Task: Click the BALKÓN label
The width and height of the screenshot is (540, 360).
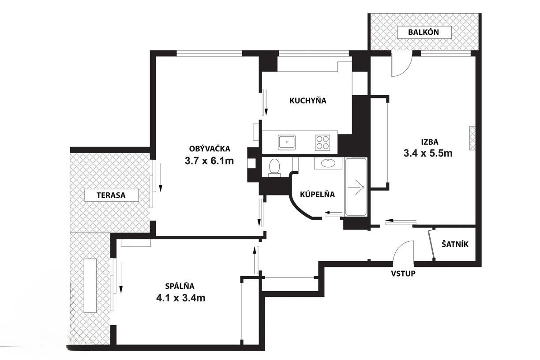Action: tap(424, 32)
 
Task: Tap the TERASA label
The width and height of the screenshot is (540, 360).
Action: tap(111, 195)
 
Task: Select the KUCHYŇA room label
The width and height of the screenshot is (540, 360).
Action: tap(307, 101)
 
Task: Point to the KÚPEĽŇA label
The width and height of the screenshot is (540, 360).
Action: tap(317, 195)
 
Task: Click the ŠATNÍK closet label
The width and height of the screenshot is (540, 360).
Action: tap(455, 244)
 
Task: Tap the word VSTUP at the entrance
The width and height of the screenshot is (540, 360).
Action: tap(403, 274)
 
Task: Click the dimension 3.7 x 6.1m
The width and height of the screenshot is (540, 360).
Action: tap(209, 161)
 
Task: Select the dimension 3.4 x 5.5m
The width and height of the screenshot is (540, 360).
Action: tap(428, 153)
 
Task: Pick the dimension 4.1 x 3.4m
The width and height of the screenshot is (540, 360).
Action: tap(181, 298)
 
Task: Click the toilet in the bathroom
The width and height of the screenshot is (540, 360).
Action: tap(274, 168)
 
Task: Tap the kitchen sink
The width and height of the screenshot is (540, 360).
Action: tap(287, 142)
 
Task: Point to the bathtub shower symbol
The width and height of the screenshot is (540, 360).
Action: tap(359, 187)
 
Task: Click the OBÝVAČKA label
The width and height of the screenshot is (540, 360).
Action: tap(210, 149)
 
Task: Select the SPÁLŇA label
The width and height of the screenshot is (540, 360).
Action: tap(180, 286)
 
